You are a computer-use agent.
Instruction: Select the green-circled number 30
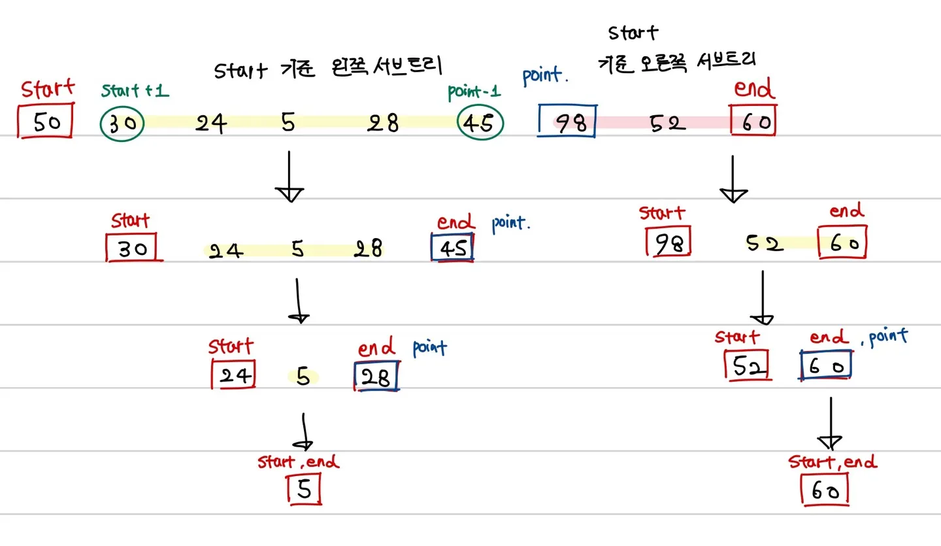point(122,123)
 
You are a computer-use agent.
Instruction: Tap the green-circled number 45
point(481,123)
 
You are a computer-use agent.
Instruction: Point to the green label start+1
point(135,91)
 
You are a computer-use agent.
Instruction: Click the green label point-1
point(474,91)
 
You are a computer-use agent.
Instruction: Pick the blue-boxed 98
point(567,122)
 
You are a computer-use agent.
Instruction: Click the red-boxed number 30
point(133,247)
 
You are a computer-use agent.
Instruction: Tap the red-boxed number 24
point(233,375)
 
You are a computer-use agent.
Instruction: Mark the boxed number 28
point(376,377)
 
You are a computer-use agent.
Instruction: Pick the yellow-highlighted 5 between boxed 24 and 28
point(303,376)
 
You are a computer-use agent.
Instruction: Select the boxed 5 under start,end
point(305,489)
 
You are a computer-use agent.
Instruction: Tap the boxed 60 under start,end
point(825,490)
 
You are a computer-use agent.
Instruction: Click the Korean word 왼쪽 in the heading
point(351,67)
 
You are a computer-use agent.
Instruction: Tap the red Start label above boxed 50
point(47,89)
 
